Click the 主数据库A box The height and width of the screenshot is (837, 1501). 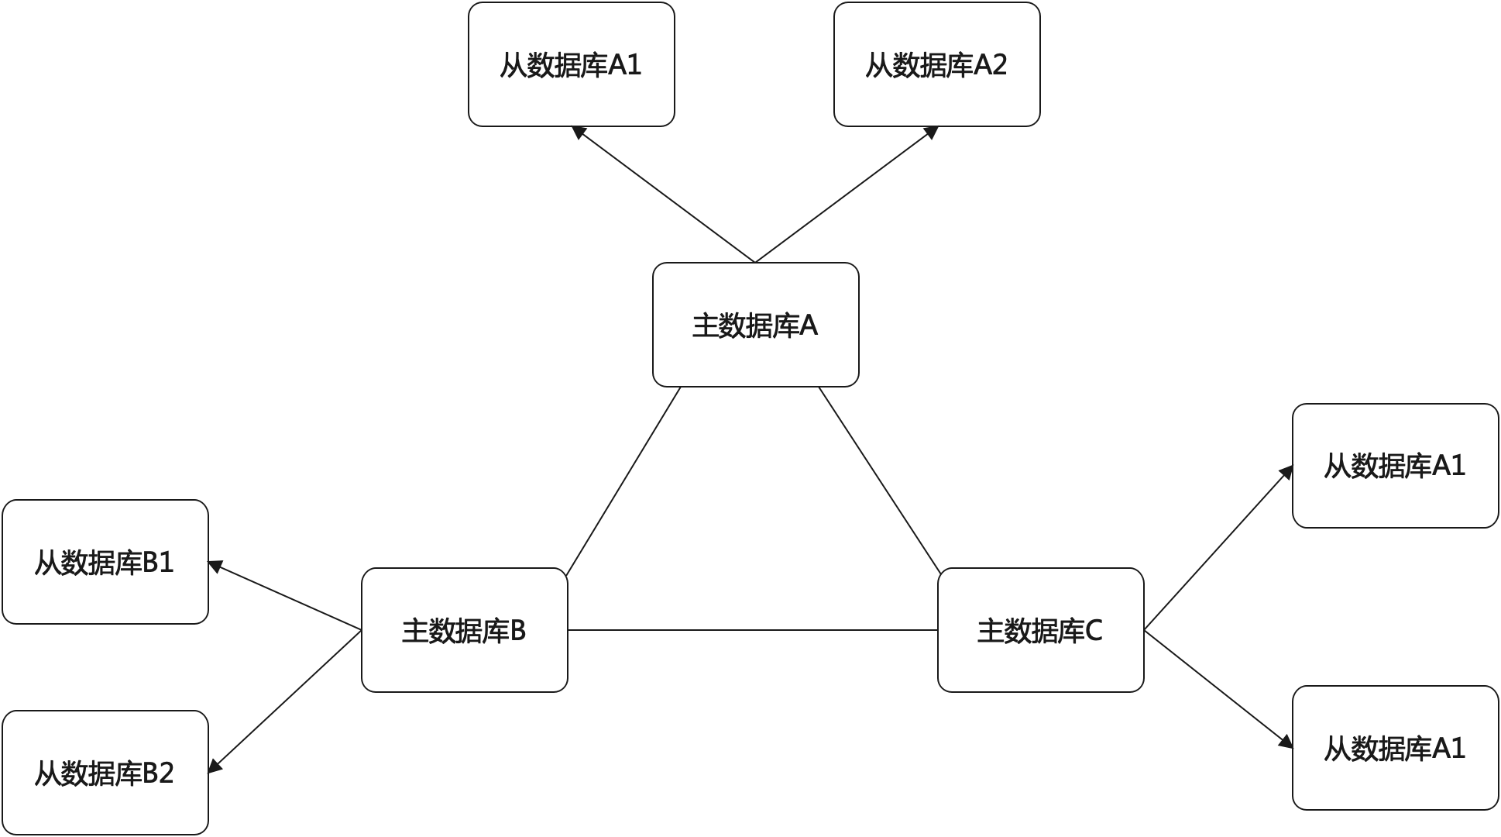(755, 325)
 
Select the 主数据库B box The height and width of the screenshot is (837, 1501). (464, 630)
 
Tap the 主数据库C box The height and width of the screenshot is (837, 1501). (1040, 630)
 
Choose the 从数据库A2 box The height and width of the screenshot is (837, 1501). (936, 64)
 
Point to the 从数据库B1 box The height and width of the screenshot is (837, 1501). (105, 562)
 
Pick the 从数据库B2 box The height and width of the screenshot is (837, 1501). (105, 773)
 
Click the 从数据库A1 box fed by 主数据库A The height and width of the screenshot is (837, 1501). (571, 64)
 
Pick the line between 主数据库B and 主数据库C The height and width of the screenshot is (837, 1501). (752, 630)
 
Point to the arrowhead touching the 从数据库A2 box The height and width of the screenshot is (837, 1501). (931, 133)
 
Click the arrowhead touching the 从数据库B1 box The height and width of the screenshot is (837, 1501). (217, 567)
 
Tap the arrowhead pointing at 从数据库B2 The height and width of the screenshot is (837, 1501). (215, 765)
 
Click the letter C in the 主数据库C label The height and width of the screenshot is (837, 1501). (1093, 631)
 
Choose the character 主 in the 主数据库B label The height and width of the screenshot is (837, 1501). (414, 631)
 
